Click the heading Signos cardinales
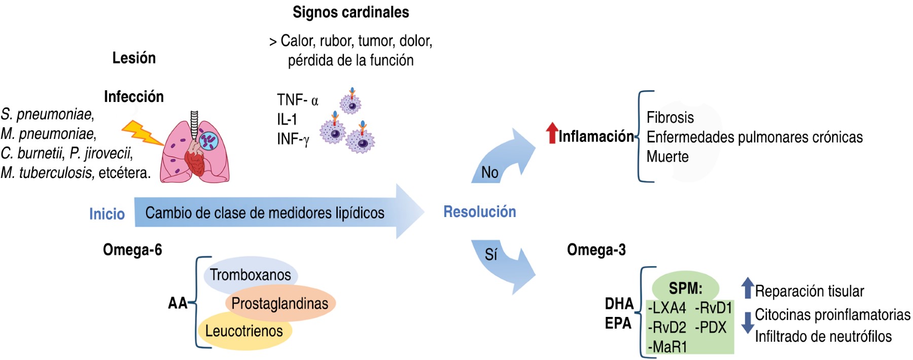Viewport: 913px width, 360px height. pos(350,12)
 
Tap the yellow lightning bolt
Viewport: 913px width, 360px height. pos(142,132)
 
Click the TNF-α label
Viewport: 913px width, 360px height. pos(297,100)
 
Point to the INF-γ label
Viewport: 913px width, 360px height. pos(293,138)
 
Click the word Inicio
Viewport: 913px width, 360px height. pos(107,214)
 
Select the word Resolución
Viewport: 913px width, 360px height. pos(479,212)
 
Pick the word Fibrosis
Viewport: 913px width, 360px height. pos(670,118)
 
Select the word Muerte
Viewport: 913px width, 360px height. pos(668,157)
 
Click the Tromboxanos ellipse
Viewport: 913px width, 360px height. pos(251,275)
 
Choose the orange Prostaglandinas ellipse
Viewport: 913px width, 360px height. pos(280,303)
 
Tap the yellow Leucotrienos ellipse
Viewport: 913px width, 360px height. pos(244,331)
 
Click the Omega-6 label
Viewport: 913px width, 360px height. pos(132,250)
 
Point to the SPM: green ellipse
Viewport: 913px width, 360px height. pos(685,287)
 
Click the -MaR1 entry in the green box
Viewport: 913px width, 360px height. pos(668,347)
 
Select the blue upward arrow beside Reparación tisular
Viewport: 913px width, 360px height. pos(747,287)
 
